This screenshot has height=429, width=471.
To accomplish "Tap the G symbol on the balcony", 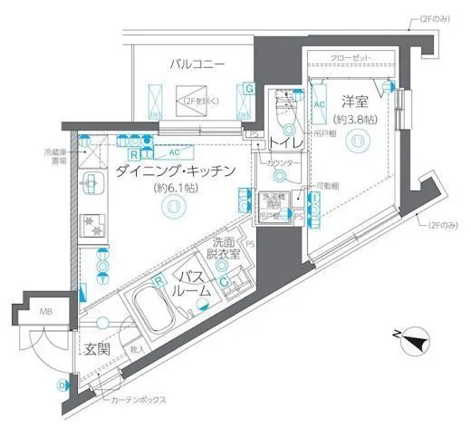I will click(x=247, y=89).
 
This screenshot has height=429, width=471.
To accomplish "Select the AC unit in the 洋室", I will click(x=319, y=103).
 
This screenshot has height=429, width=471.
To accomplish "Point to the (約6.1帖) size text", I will click(x=171, y=189).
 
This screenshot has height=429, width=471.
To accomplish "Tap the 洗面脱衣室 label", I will click(x=223, y=249).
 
